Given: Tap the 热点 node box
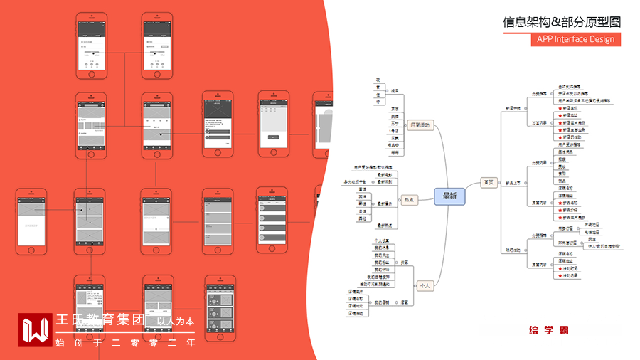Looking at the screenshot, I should (409, 200).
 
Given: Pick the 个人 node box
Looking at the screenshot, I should (425, 285).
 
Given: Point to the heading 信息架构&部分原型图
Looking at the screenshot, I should (562, 21).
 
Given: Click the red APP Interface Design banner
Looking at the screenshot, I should (575, 39).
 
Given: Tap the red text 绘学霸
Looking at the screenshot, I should (548, 330).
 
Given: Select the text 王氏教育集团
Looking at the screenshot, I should (100, 321).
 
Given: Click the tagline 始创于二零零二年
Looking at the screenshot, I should (125, 342).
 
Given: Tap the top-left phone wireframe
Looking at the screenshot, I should (91, 45).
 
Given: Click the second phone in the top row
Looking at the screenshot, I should (157, 45).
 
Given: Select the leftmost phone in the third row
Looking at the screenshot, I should (32, 221).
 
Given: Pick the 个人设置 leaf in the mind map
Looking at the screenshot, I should (382, 240).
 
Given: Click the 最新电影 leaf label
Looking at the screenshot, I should (385, 174).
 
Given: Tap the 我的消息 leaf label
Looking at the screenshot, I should (382, 248).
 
